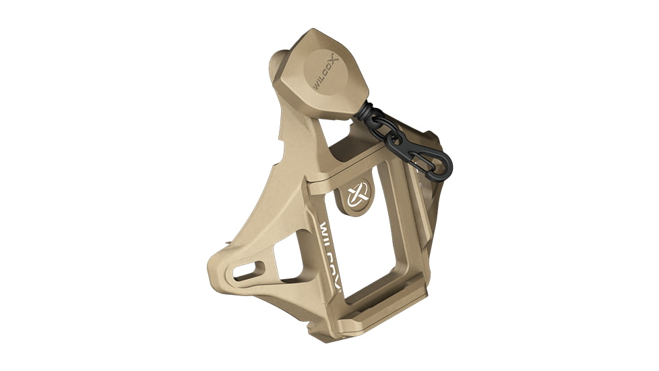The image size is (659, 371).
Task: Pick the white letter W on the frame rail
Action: (x=323, y=227)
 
